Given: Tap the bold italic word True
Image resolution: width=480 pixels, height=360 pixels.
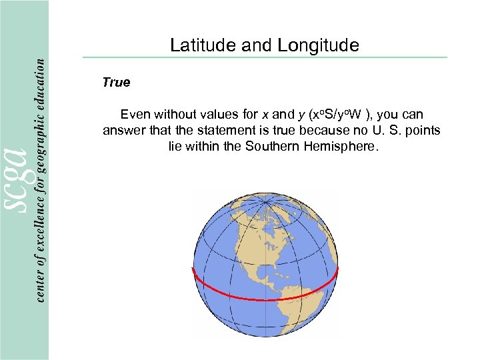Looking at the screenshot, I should tap(116, 83).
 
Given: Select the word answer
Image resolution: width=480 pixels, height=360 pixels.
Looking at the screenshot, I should tap(122, 130).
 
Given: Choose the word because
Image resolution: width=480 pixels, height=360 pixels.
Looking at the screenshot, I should tap(309, 130).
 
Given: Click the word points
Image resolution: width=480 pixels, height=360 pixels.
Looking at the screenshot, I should tap(422, 130).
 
